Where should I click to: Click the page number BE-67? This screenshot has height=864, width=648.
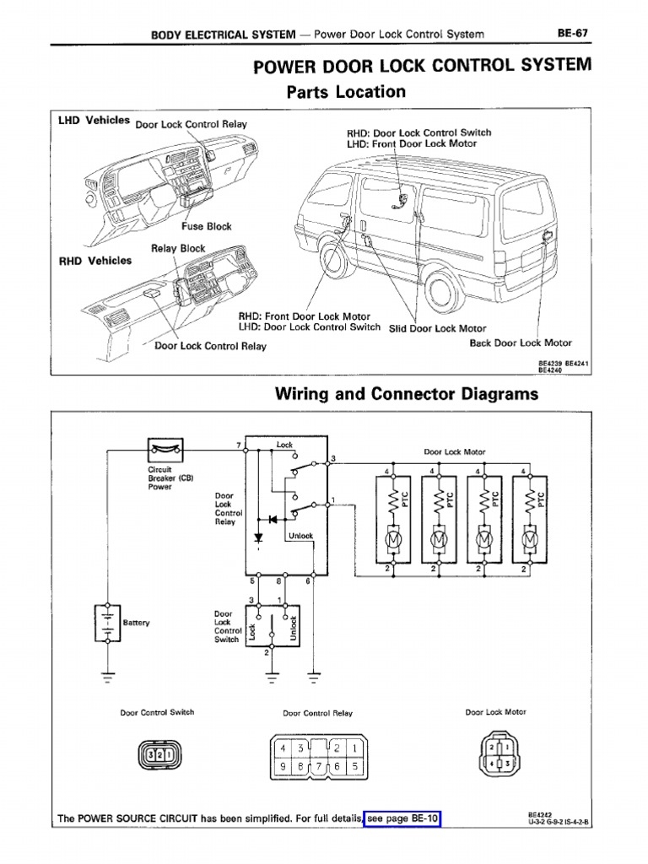[x=571, y=33]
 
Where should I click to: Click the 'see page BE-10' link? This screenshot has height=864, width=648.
[x=403, y=818]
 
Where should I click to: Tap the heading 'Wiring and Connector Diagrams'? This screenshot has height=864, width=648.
[x=407, y=394]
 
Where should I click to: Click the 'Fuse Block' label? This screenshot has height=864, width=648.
[x=206, y=226]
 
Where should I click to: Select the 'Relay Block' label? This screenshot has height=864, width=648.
[x=178, y=248]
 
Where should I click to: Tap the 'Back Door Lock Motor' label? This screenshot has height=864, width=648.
[x=521, y=343]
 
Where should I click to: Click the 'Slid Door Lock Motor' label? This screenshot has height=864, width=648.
[x=437, y=328]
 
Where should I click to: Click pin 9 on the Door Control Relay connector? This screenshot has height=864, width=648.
[x=283, y=767]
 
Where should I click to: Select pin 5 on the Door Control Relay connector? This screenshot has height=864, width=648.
[x=354, y=767]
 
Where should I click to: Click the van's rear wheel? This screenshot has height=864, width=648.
[x=444, y=289]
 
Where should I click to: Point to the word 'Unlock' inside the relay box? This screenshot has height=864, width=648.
[x=300, y=535]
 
